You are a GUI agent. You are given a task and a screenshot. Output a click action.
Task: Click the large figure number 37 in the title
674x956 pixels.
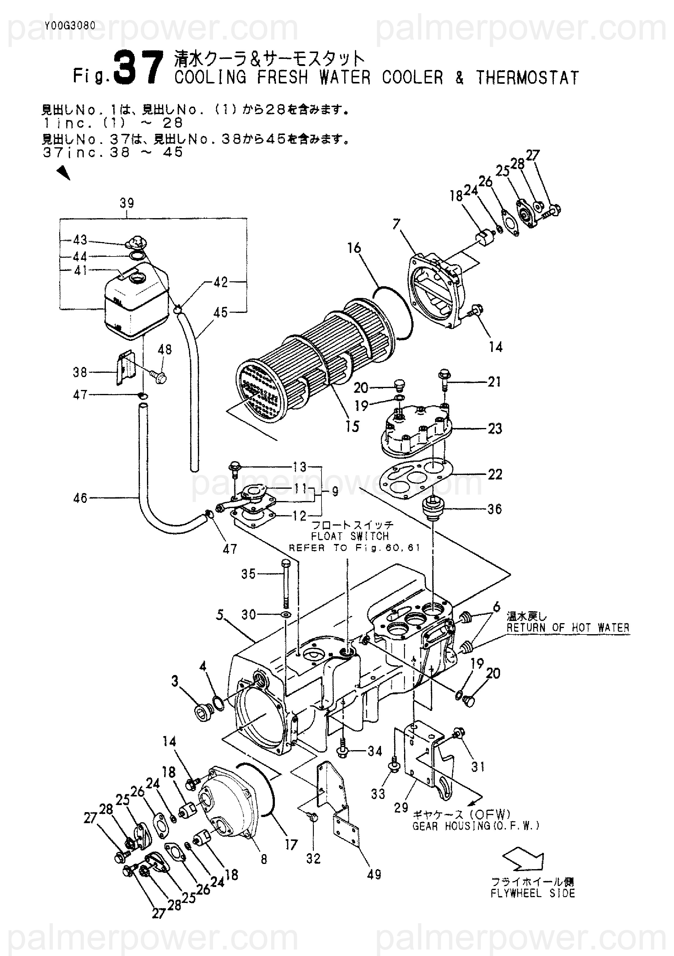tap(137, 67)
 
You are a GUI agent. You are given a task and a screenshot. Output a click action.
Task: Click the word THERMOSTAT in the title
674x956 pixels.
tap(527, 78)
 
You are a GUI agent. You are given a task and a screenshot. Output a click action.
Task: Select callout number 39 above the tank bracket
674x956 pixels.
tap(127, 203)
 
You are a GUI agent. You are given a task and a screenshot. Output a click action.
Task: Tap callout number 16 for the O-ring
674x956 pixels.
tap(354, 248)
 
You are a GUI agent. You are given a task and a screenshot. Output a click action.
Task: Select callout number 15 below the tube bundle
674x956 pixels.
tap(352, 426)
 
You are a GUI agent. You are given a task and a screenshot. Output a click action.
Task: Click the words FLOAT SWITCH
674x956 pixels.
tap(350, 536)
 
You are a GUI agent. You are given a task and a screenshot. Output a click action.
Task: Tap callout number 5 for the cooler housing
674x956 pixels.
tap(220, 614)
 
